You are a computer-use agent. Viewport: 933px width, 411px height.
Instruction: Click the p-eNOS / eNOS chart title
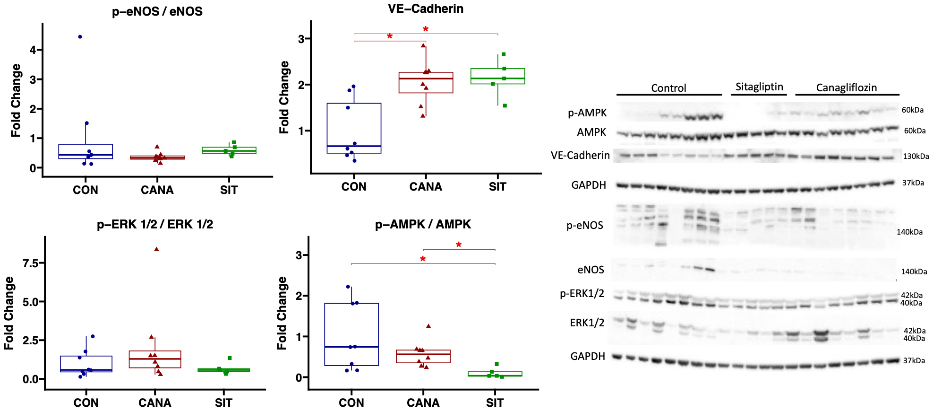157,11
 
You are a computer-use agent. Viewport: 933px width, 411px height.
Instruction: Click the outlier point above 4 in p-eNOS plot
80,37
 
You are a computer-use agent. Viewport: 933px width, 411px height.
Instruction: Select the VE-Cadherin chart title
425,9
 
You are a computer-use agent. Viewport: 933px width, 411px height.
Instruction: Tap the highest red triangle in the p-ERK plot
156,249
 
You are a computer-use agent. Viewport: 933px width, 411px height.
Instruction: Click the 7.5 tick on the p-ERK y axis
31,263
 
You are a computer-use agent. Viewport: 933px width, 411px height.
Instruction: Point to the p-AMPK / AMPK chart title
423,224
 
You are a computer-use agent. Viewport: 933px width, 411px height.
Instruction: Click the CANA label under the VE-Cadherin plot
425,187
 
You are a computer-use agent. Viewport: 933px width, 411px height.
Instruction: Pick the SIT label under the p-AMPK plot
495,403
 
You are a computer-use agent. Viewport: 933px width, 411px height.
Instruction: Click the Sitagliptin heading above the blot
759,87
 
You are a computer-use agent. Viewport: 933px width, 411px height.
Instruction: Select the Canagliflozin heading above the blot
846,87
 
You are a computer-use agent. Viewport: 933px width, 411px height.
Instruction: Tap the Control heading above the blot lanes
668,88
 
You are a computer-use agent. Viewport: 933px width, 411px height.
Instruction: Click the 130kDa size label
916,156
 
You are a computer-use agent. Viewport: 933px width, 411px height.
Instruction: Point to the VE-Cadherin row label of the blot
580,156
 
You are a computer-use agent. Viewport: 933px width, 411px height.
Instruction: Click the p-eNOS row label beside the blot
585,226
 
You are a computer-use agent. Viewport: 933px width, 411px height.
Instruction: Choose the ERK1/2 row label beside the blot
587,323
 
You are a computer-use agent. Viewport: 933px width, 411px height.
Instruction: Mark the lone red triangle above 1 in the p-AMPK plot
428,326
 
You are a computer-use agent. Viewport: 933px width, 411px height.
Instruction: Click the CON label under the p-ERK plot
86,403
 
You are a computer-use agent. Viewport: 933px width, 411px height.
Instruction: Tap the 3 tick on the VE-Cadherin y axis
301,39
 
